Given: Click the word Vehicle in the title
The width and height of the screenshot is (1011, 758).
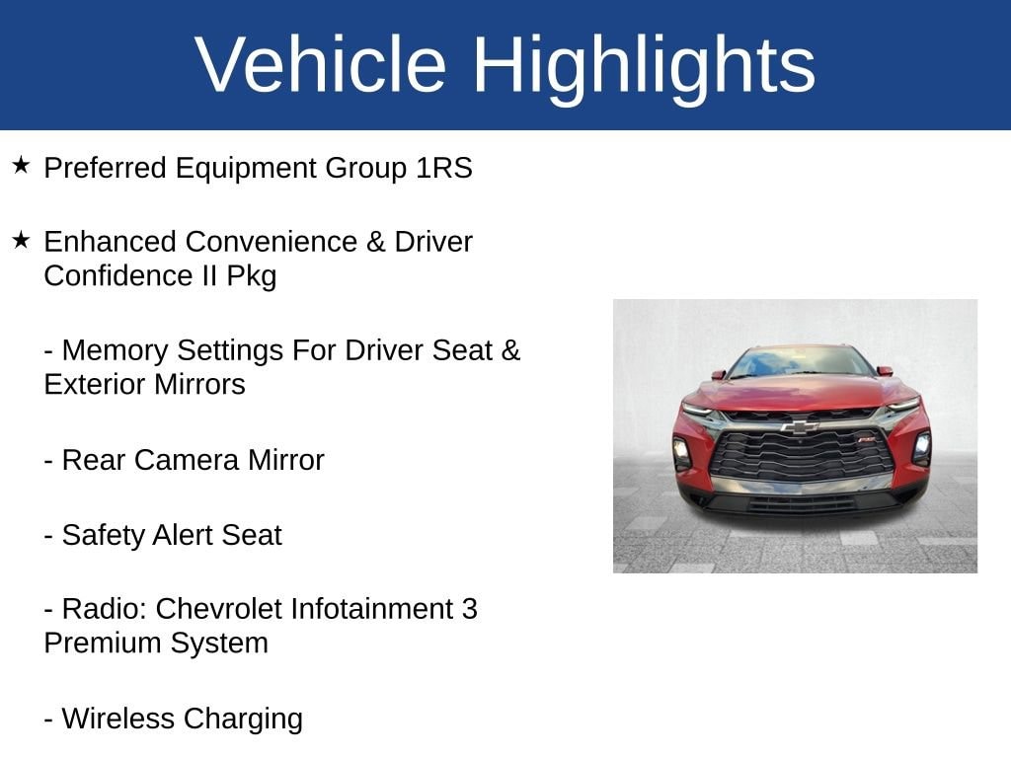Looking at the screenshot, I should [321, 64].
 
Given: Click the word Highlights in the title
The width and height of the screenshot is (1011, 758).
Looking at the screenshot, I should [644, 64].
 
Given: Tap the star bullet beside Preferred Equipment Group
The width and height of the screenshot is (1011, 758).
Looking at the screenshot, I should [22, 165].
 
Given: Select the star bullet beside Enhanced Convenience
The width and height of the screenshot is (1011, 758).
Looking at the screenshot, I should [22, 239].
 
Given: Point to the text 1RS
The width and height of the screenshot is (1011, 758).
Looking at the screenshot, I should [443, 168].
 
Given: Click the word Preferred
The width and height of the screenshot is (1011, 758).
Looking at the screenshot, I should [105, 168].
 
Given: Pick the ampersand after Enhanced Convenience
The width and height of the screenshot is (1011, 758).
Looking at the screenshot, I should [375, 242].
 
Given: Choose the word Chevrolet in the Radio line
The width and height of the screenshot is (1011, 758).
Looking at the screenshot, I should [218, 609].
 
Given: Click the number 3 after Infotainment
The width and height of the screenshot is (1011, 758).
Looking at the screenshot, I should [469, 609].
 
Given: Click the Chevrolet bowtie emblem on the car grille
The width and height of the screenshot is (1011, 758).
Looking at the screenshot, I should [799, 426].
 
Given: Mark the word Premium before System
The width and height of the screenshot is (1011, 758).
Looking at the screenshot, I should [100, 643].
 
